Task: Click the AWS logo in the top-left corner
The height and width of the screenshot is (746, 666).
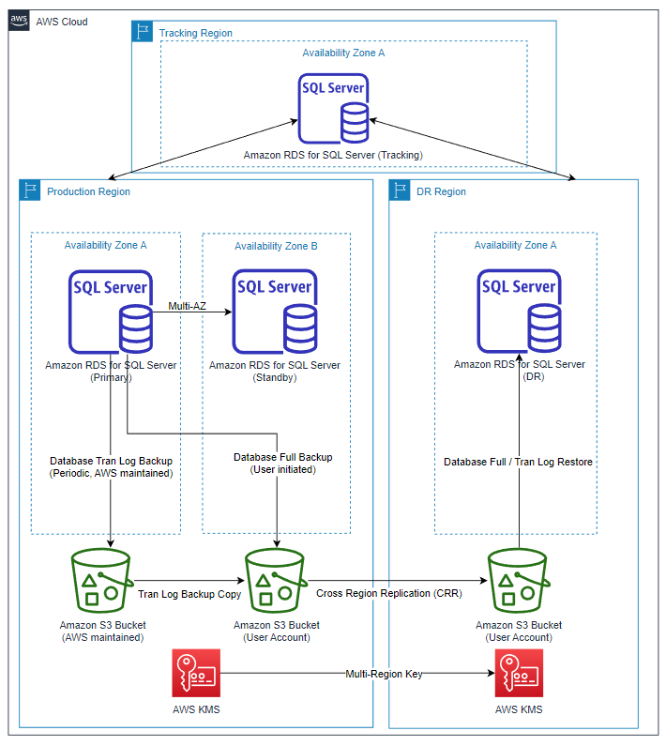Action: [x=19, y=21]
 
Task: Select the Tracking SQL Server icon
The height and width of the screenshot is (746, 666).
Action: [x=333, y=109]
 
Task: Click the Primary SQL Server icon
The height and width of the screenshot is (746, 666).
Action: [x=111, y=311]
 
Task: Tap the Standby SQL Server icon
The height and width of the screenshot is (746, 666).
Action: [x=275, y=311]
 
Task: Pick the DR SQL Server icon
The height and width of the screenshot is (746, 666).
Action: [x=520, y=311]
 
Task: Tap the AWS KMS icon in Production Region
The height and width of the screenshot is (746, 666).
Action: [x=196, y=672]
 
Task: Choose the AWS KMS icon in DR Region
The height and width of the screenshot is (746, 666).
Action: [x=519, y=672]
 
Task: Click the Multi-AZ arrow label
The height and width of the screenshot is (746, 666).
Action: [x=187, y=306]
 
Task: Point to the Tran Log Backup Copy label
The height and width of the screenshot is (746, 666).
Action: [x=189, y=594]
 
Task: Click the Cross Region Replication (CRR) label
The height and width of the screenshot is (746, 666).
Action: [x=388, y=594]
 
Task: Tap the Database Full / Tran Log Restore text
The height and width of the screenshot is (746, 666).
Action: [x=519, y=462]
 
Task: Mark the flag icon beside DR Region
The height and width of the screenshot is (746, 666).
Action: [x=401, y=191]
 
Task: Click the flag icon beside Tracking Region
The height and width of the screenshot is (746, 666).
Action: [x=143, y=33]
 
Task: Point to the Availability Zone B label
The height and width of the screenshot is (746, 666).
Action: [x=276, y=246]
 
